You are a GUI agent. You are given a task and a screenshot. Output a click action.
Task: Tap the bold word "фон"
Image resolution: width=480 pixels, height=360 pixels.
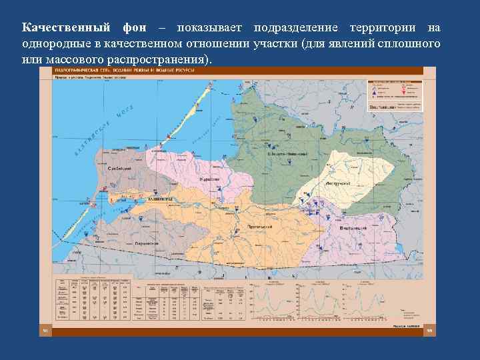pos(135,29)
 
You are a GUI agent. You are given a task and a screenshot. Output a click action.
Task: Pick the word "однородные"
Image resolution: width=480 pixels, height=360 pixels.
pos(55,44)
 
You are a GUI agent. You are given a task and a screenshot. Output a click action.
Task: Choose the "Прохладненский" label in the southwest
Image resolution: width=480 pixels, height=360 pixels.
pos(146,243)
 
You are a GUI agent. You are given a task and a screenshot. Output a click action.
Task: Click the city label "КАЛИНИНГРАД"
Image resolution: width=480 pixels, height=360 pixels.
pos(160,199)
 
